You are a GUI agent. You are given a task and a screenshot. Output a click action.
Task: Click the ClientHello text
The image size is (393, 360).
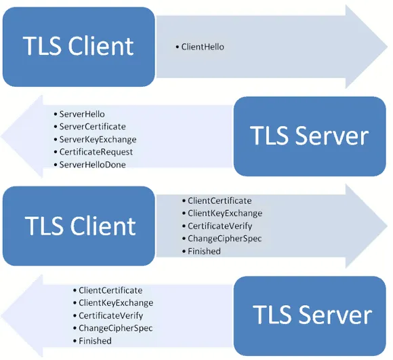(203, 47)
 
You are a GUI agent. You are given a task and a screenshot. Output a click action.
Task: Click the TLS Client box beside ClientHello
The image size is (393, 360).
(79, 47)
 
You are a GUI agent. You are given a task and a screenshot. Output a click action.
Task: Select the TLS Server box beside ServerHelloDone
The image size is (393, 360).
(310, 136)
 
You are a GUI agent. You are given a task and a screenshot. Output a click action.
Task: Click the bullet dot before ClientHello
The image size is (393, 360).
(178, 47)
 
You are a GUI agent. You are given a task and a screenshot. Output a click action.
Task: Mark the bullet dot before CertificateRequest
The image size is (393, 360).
(56, 152)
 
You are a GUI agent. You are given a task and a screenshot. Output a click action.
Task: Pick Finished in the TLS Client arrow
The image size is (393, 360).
(204, 252)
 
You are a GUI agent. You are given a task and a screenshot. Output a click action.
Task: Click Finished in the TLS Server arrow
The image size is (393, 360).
(95, 341)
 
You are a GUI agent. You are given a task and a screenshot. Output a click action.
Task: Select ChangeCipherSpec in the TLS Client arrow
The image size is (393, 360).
(224, 239)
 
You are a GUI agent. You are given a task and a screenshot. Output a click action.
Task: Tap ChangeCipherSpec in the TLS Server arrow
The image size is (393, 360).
(116, 328)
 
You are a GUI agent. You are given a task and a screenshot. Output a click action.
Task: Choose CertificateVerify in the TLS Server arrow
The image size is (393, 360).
(110, 316)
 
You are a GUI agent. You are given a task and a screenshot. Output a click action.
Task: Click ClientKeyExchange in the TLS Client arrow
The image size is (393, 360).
(225, 214)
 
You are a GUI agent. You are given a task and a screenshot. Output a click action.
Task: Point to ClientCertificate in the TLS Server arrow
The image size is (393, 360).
(110, 290)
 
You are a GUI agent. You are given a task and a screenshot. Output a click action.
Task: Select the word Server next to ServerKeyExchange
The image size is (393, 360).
(332, 136)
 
